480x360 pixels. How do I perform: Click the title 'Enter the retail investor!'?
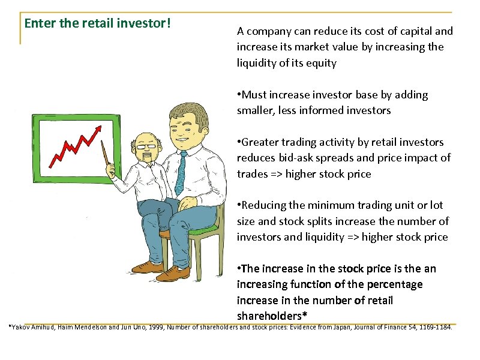[x=98, y=24]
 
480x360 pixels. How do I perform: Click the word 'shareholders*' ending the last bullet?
[x=267, y=316]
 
